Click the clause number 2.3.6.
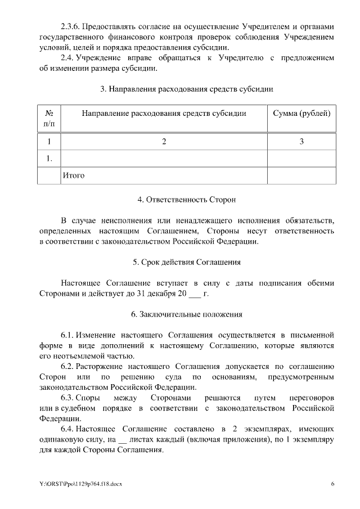click(x=71, y=27)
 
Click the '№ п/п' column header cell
click(x=49, y=118)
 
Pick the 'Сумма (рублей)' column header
click(x=301, y=113)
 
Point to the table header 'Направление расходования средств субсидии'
click(x=164, y=113)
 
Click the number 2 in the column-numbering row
click(x=164, y=142)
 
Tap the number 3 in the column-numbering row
click(x=301, y=142)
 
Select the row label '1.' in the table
click(x=49, y=159)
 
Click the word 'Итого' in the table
click(x=74, y=175)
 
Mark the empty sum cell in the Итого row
click(x=301, y=175)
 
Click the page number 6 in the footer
click(x=332, y=484)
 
